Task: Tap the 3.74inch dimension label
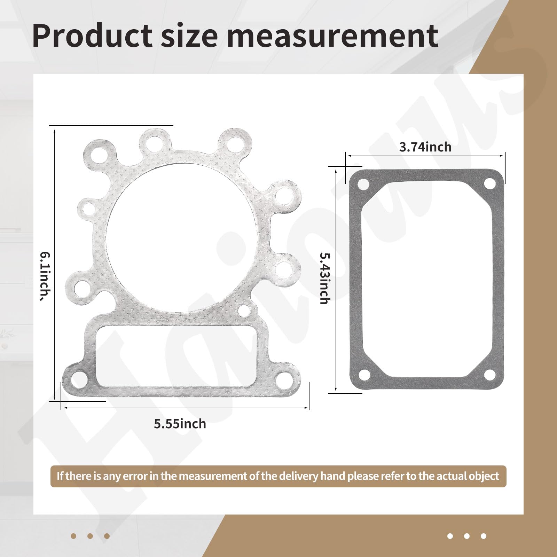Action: coord(425,147)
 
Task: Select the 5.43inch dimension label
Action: coord(324,278)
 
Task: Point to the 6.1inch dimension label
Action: coord(45,276)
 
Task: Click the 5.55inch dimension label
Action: coord(180,424)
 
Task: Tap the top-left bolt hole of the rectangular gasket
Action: coord(363,184)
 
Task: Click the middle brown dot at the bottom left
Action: coord(90,536)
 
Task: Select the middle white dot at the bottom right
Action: coord(467,536)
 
